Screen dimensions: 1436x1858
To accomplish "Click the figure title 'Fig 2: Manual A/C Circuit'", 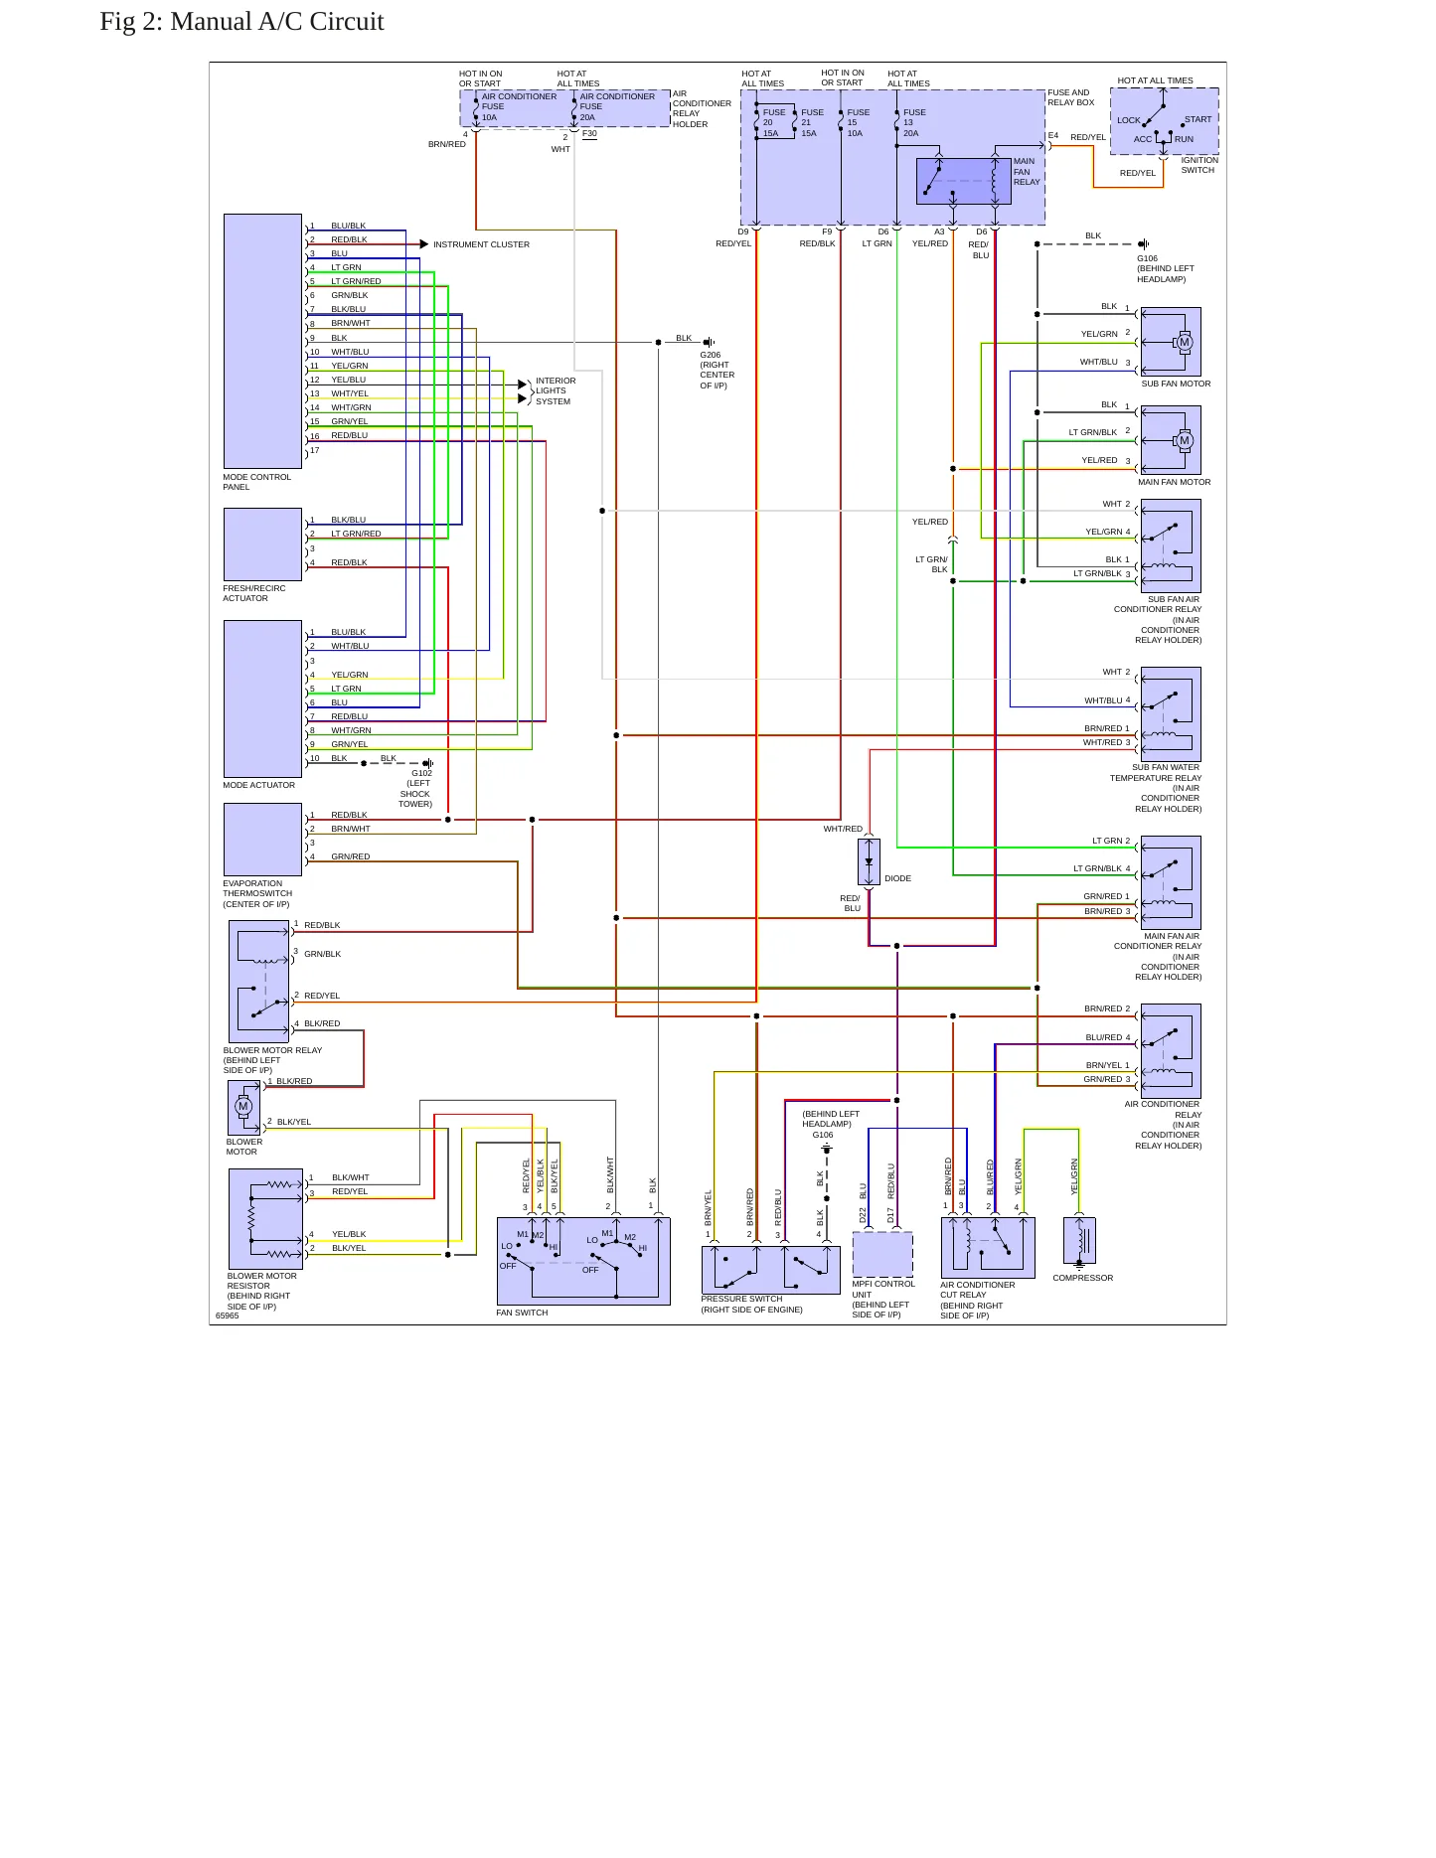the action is (x=241, y=22).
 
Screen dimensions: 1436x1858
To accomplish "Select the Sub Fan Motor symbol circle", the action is (x=1184, y=343).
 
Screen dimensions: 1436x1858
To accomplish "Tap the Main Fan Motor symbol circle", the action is (x=1184, y=441).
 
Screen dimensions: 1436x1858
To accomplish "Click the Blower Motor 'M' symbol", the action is (x=243, y=1106).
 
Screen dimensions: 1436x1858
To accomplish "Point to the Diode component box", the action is (x=869, y=861).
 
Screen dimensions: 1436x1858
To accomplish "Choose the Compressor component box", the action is (x=1079, y=1241).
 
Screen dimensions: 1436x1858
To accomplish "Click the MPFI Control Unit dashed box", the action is (x=882, y=1255).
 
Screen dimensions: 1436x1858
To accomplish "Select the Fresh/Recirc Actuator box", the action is (x=262, y=544).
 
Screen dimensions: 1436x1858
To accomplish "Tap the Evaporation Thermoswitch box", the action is (x=262, y=840).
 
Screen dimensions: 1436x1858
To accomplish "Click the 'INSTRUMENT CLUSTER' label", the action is (x=481, y=244).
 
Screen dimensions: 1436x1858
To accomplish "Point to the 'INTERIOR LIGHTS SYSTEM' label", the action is (x=556, y=391).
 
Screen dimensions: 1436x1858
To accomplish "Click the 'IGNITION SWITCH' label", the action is (x=1198, y=165).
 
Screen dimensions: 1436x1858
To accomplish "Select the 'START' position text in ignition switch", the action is (x=1197, y=120).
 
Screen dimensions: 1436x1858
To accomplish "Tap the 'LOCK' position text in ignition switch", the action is (x=1128, y=120).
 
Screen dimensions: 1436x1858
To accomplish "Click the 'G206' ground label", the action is (x=711, y=355).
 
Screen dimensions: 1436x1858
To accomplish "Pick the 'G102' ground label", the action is (x=421, y=773).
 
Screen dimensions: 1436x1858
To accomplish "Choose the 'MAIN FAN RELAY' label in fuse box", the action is (x=1027, y=172).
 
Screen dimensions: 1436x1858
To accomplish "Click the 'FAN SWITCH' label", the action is (x=522, y=1313).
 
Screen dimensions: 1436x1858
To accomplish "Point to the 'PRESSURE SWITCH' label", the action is (x=741, y=1299).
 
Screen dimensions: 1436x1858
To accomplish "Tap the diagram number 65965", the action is (x=228, y=1316).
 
